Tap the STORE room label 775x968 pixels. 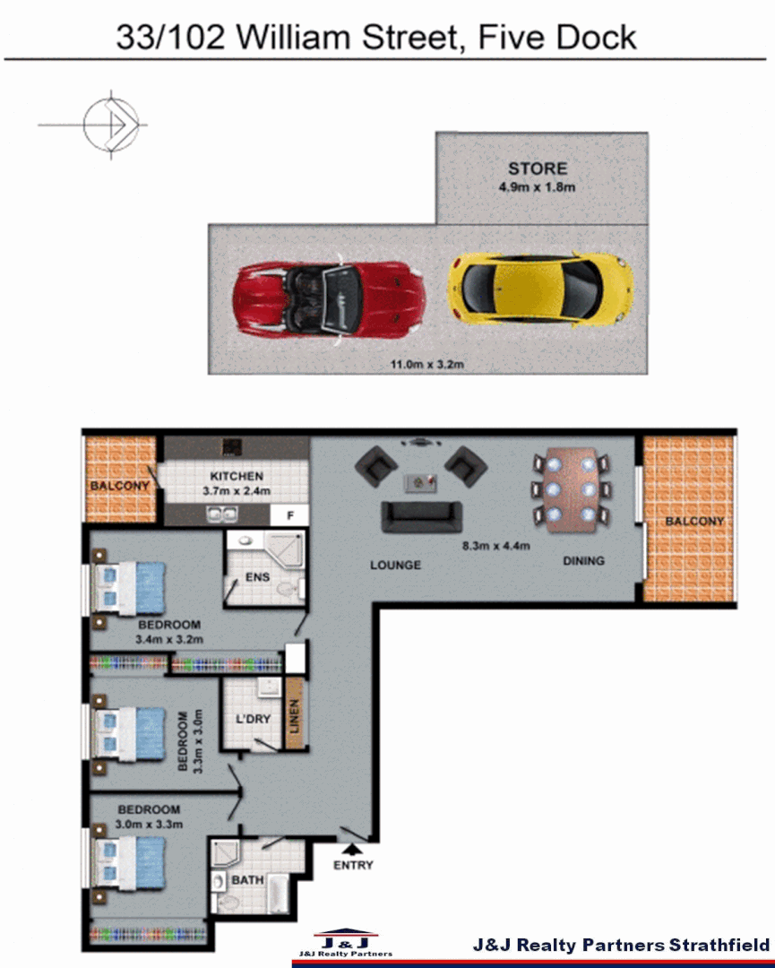tap(537, 169)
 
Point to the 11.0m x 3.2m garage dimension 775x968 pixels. tap(426, 364)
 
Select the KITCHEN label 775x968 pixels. tap(237, 476)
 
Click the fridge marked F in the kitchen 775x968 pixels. tap(290, 515)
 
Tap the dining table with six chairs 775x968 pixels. tap(570, 489)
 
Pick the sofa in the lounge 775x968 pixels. tap(421, 516)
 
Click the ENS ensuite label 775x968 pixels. tap(257, 577)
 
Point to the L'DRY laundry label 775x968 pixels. tap(253, 719)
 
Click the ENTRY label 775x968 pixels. tap(353, 865)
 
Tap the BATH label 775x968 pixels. tap(247, 880)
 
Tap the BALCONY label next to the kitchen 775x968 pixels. tap(118, 487)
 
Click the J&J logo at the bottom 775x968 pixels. tap(345, 943)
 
